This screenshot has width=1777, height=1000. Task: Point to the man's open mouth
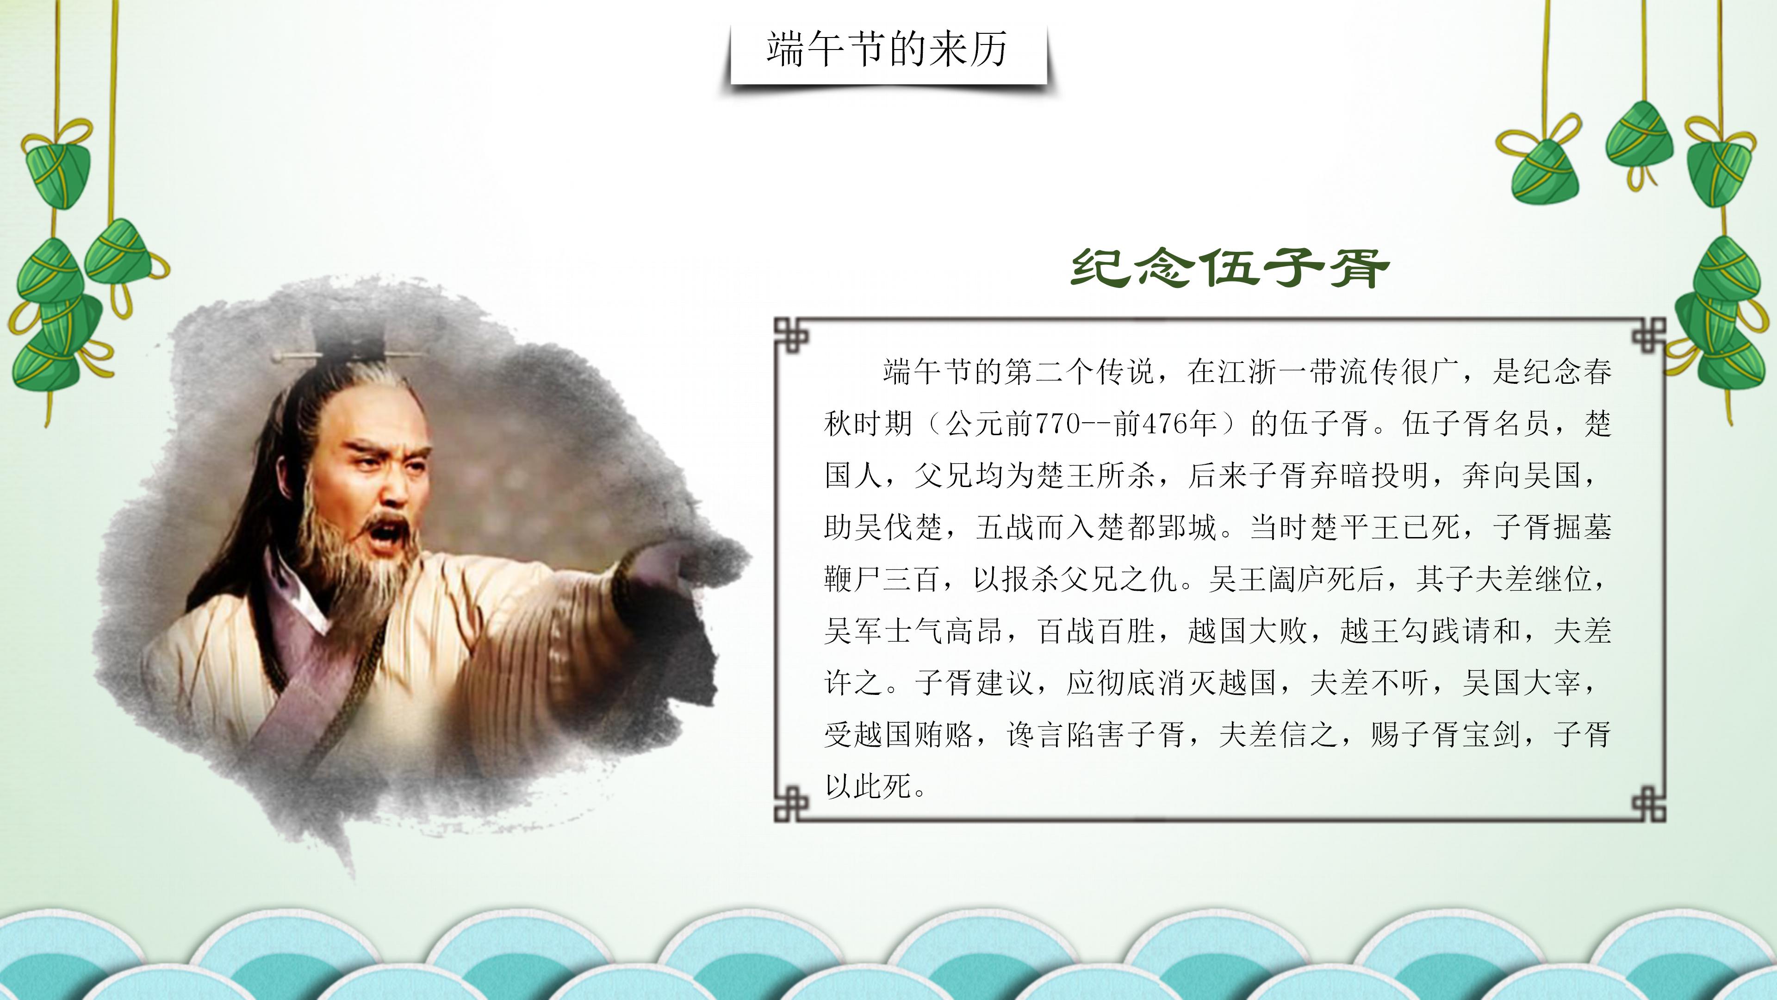tap(388, 531)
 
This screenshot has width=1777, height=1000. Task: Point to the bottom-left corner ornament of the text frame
tap(790, 805)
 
